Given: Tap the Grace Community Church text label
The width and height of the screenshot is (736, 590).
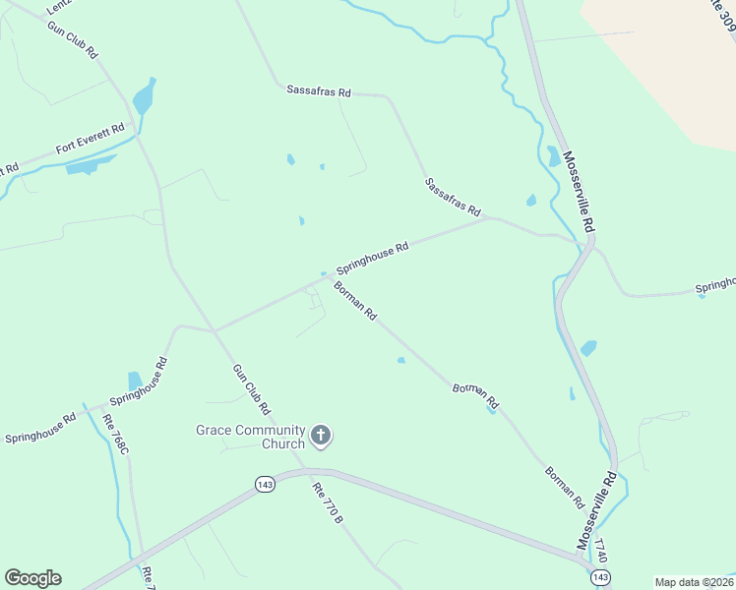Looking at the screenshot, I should point(250,437).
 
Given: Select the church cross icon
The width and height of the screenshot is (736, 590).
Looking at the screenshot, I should point(321,435).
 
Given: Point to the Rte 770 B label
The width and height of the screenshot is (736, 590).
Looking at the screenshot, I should point(327,501).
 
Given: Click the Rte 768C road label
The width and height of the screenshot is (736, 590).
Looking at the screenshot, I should point(115,434).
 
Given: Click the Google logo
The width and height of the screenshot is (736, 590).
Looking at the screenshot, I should point(32,578).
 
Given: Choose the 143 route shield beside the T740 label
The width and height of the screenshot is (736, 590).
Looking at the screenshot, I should point(601,576).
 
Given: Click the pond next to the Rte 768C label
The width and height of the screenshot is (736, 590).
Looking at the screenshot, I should point(135,381).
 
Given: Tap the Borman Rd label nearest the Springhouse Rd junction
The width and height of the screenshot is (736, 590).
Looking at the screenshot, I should point(355,301).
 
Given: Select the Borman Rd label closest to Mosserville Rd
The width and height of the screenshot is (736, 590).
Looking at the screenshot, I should point(565,487).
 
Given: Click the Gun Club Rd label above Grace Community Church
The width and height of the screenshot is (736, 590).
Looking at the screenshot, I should point(251,387).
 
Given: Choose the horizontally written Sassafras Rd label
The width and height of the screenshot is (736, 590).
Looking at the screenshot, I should point(319,91).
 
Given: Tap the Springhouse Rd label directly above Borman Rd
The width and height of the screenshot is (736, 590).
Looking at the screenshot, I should point(372,259).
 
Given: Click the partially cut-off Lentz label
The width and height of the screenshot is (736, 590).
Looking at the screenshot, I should point(59,6).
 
